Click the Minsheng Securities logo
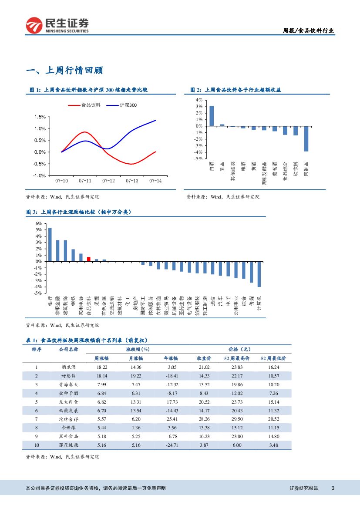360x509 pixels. point(57,25)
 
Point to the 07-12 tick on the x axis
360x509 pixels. point(108,180)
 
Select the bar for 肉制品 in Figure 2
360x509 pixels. point(306,138)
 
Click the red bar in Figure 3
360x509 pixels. point(88,259)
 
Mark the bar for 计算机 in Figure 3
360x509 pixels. point(259,274)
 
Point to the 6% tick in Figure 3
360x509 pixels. point(39,223)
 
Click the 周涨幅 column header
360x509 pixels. point(102,358)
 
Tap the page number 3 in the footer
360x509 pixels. point(333,488)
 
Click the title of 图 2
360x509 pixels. point(236,90)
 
